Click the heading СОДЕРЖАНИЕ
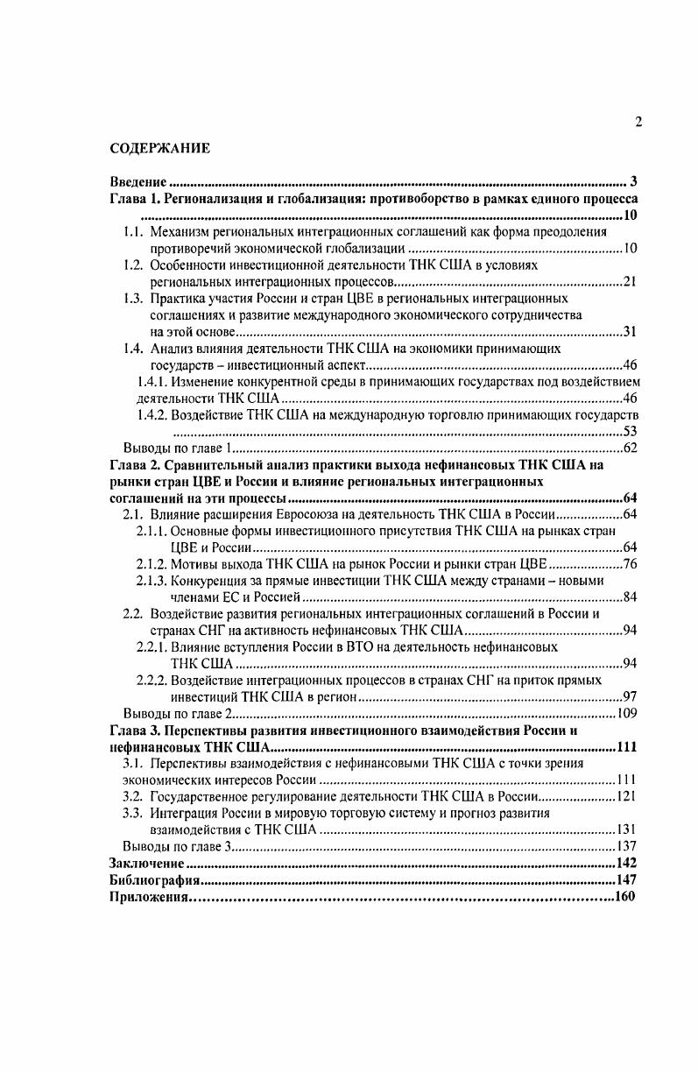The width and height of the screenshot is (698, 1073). tap(160, 149)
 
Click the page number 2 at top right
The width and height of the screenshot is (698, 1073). tap(638, 122)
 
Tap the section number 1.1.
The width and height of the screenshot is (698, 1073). tap(133, 232)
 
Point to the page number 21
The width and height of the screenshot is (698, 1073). tap(629, 281)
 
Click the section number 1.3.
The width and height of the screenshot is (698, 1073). tap(133, 298)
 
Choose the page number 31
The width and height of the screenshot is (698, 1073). tap(629, 331)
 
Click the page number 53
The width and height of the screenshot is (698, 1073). tap(629, 431)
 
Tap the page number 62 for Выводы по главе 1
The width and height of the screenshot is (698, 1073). tap(629, 448)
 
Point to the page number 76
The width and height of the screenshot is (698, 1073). tap(629, 563)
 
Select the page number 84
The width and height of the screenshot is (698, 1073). tap(629, 597)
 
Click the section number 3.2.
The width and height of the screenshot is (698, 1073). tap(133, 796)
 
